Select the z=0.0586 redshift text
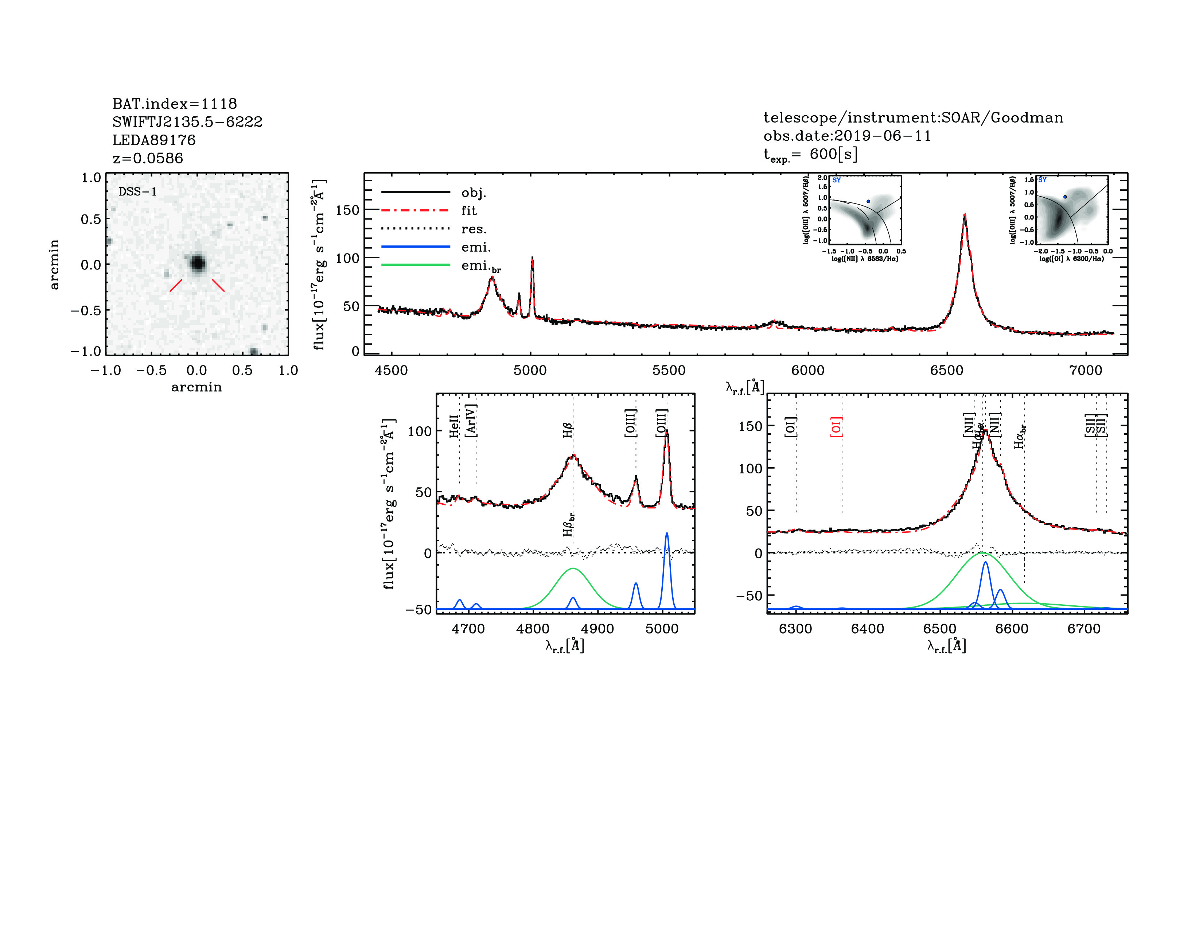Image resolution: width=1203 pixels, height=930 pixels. tap(148, 158)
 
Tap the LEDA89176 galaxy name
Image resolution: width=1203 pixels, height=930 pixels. tap(154, 140)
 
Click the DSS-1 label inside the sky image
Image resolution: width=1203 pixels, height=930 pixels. tap(138, 192)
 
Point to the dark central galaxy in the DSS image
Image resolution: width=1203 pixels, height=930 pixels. tap(197, 263)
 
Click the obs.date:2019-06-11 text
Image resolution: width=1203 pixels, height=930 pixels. tap(847, 136)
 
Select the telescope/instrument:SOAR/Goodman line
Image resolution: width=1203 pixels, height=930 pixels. tap(913, 117)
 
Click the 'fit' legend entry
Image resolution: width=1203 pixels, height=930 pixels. tap(469, 210)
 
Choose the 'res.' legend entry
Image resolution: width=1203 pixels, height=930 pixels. tap(474, 229)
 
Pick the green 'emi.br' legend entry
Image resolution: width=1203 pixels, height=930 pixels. tap(480, 266)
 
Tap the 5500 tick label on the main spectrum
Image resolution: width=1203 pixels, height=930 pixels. tap(669, 370)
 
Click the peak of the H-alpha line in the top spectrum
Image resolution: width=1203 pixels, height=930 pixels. tap(965, 215)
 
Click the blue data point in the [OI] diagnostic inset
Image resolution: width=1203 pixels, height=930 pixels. tap(1065, 197)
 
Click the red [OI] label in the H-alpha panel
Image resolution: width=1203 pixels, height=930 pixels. tap(836, 427)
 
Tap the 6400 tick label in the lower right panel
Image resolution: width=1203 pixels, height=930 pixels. tap(868, 629)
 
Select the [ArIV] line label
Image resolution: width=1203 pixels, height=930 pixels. tap(471, 421)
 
